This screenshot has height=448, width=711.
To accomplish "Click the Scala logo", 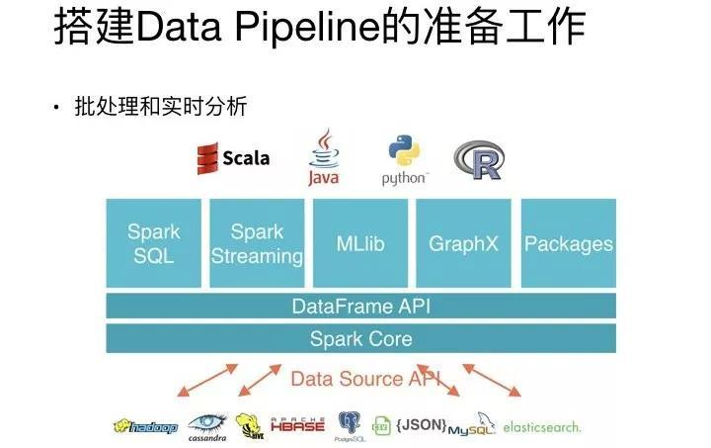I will point(233,158).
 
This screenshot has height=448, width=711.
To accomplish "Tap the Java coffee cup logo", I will point(323,158).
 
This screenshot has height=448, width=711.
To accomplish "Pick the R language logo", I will point(479,159).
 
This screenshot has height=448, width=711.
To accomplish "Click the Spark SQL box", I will point(153,243).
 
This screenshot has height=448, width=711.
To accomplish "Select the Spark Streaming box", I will point(257,243).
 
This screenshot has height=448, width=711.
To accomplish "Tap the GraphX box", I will point(463,243).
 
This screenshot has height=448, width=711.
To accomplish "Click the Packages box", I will point(568,243).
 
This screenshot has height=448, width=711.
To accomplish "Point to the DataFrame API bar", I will point(360,307).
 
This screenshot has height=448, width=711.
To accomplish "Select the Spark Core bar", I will point(360,339).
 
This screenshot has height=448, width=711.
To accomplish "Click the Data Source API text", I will point(360,379).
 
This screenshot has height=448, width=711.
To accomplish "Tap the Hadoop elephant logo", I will point(145,427).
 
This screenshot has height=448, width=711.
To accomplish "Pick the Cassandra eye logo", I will point(207,426).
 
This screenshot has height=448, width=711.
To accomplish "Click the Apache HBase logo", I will point(297,425).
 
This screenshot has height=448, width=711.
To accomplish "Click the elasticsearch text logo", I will point(541,427).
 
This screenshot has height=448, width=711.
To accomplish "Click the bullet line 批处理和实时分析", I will point(159,106).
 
